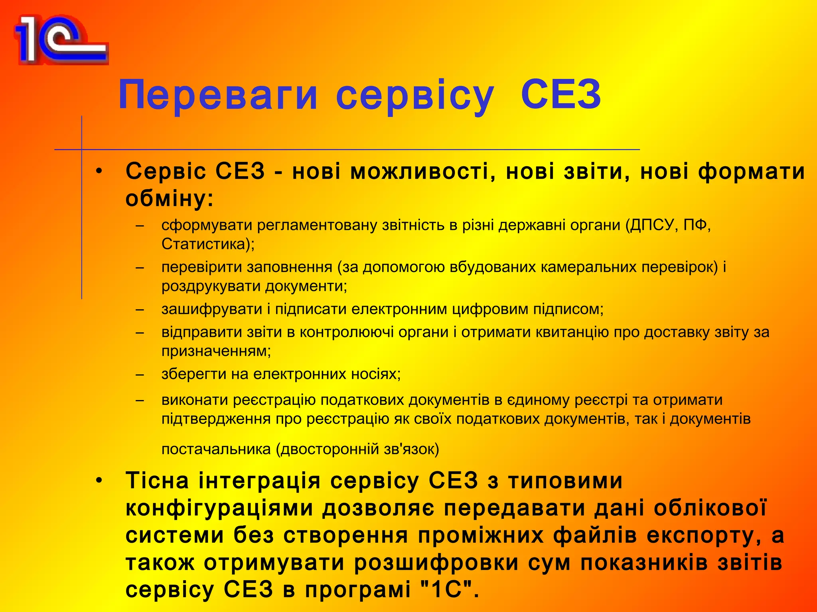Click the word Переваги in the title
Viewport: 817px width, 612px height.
218,95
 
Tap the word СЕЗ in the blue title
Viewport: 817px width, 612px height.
561,95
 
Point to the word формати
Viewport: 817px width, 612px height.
752,172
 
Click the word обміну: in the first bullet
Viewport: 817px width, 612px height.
170,198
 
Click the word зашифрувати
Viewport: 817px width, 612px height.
212,309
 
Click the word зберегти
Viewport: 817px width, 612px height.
194,374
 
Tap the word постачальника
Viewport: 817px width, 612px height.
216,449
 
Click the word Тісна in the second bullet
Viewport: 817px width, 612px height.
157,481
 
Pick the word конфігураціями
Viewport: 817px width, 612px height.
219,508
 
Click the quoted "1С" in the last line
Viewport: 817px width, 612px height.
447,590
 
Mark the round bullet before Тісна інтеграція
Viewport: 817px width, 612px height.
99,481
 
